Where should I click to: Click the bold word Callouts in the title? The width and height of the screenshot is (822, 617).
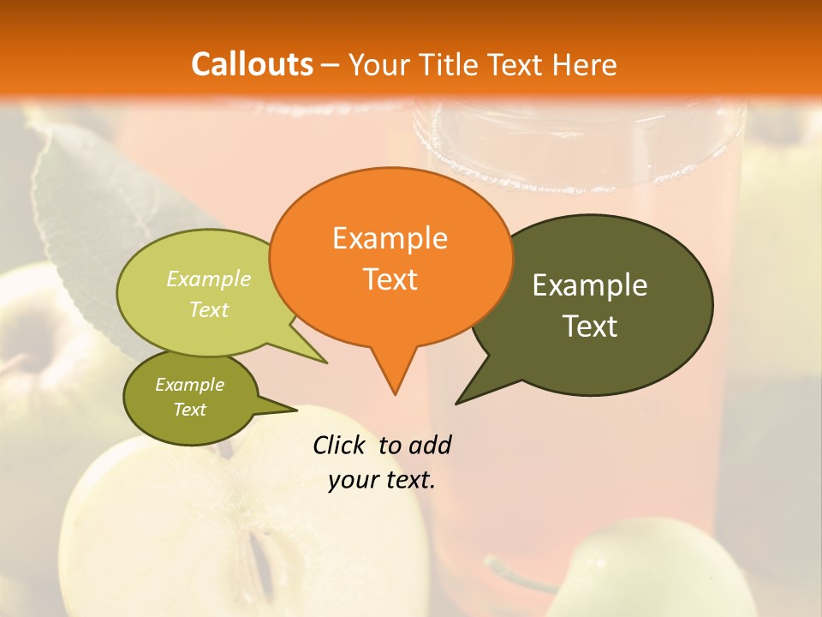(x=252, y=64)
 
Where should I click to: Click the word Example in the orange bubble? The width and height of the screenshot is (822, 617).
(x=390, y=238)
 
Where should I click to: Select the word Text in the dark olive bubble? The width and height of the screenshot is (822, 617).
(x=590, y=326)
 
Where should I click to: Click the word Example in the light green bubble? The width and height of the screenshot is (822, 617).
(x=209, y=279)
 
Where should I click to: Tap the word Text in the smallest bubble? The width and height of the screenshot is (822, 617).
(x=190, y=410)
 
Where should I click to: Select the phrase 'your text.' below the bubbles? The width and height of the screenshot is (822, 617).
(x=382, y=480)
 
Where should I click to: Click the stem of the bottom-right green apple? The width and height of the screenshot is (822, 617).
(x=514, y=574)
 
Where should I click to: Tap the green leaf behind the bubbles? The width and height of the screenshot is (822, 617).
(x=94, y=197)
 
